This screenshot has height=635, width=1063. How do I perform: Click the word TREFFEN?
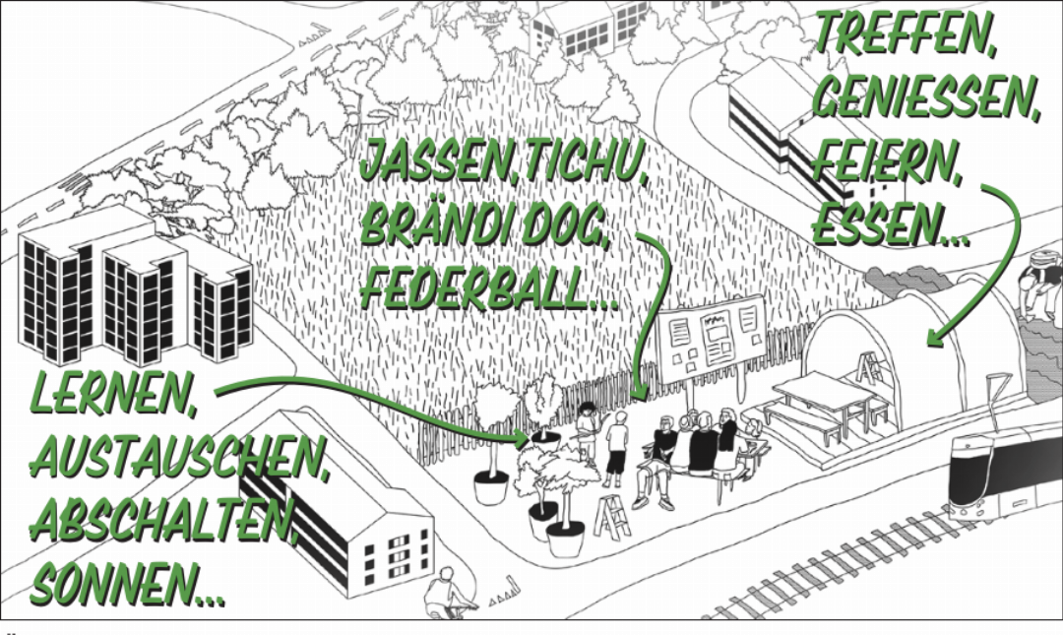pyautogui.click(x=906, y=32)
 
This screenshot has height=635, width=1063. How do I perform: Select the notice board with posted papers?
pyautogui.click(x=712, y=340)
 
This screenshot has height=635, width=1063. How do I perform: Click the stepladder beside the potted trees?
pyautogui.click(x=611, y=517)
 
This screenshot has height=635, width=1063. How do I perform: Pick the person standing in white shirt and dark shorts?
pyautogui.click(x=617, y=448)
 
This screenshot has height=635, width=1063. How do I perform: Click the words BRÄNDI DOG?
pyautogui.click(x=485, y=224)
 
